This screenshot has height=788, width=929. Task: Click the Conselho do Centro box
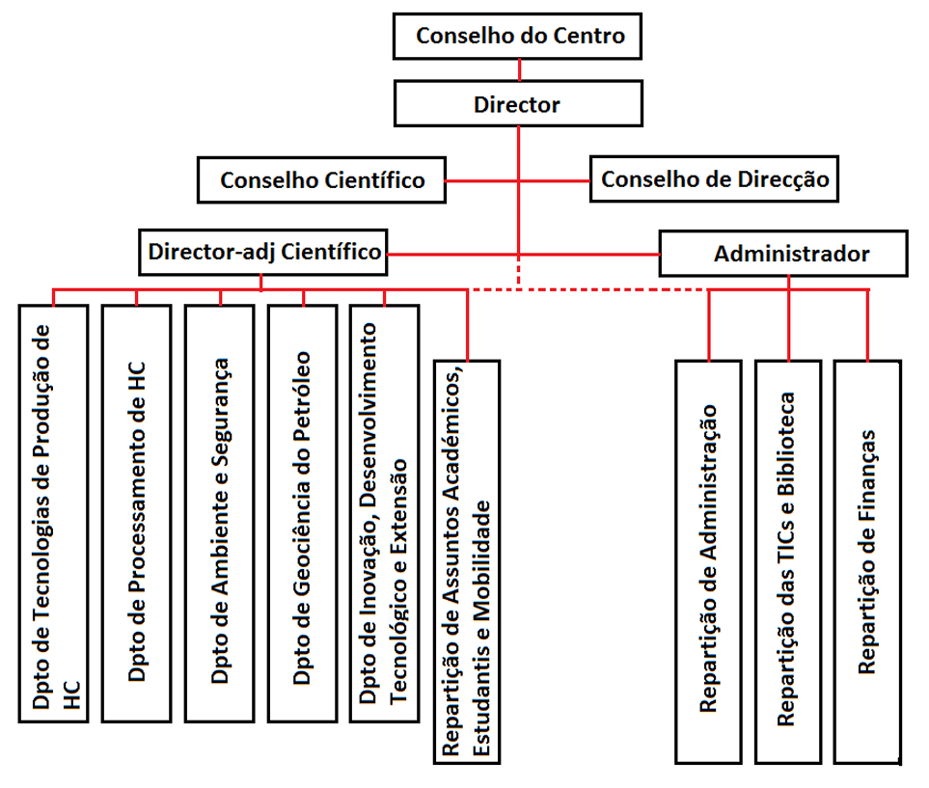(519, 37)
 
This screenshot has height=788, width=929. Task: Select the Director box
(519, 104)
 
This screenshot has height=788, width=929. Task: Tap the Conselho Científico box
(321, 180)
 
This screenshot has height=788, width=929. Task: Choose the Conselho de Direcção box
(714, 178)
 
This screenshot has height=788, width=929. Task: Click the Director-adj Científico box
(263, 253)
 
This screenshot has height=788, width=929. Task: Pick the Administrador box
(783, 254)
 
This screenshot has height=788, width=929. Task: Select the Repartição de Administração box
(709, 559)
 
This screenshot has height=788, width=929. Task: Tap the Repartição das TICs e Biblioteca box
(789, 559)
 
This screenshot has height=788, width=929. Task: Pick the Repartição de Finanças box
(868, 559)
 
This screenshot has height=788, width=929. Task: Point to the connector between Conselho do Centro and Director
(519, 69)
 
